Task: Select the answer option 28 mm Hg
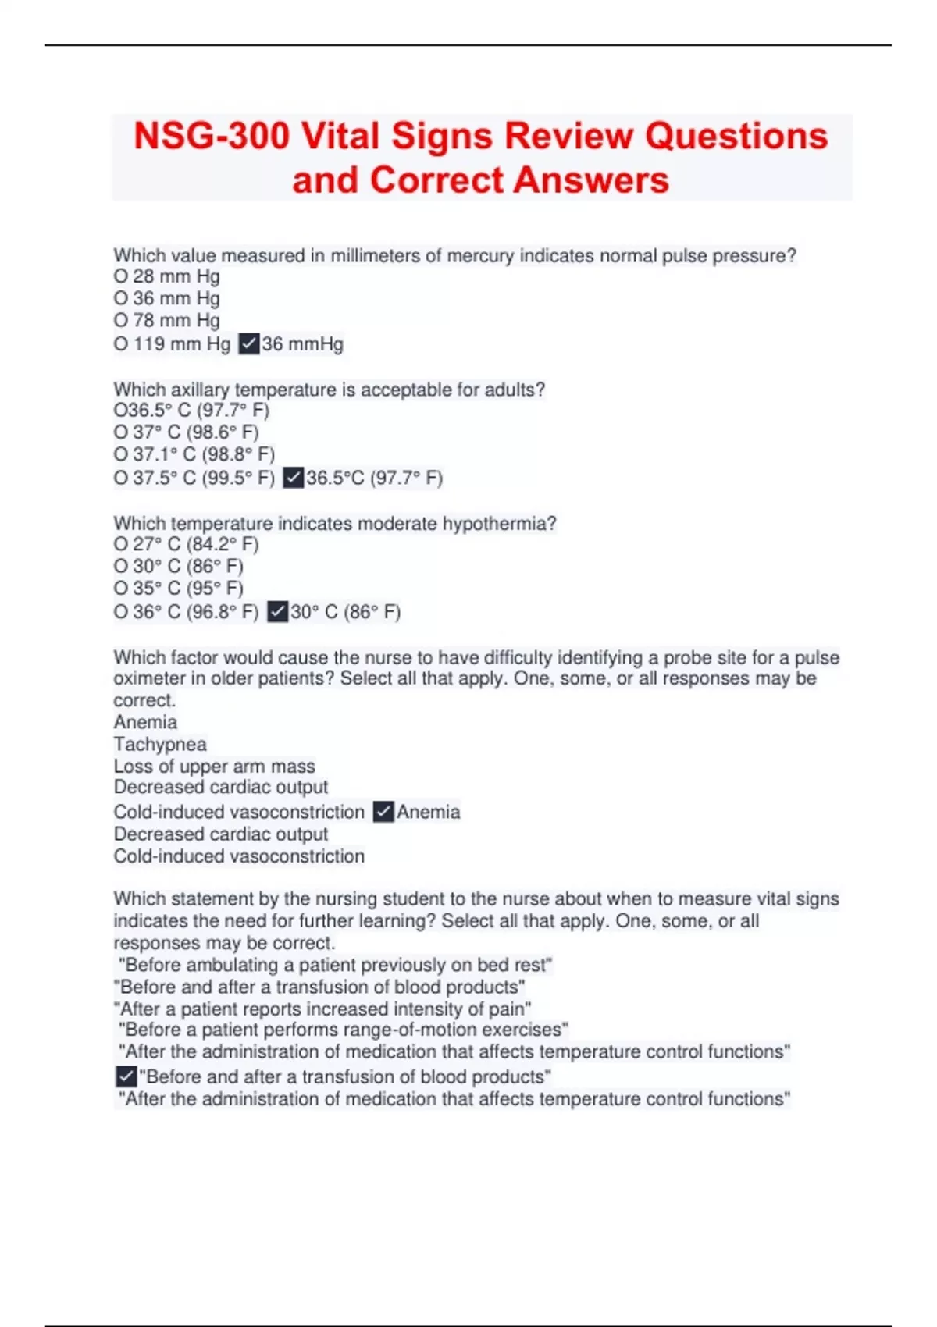pos(167,276)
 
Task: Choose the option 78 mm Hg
pos(167,320)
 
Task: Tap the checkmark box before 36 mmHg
pos(249,343)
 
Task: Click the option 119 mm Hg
pos(173,343)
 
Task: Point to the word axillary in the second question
pos(200,390)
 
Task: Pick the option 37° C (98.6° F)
pos(187,432)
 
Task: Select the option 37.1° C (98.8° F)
pos(194,454)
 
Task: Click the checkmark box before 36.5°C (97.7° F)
pos(293,478)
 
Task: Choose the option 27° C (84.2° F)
pos(187,544)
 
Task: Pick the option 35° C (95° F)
pos(179,589)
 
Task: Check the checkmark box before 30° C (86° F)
pos(277,612)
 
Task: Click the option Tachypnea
pos(160,745)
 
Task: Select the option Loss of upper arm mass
pos(215,767)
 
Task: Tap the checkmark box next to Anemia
pos(383,812)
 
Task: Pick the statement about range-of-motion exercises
pos(344,1030)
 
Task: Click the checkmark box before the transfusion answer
pos(126,1076)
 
